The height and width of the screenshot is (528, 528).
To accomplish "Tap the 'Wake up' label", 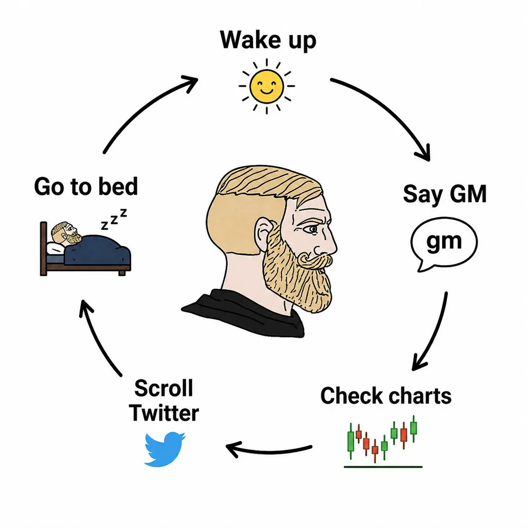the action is click(x=268, y=40).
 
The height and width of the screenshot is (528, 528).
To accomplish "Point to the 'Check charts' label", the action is click(x=386, y=396).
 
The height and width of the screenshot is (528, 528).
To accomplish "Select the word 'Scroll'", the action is click(x=164, y=388).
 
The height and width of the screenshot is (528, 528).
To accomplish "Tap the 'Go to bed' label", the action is click(x=86, y=187).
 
